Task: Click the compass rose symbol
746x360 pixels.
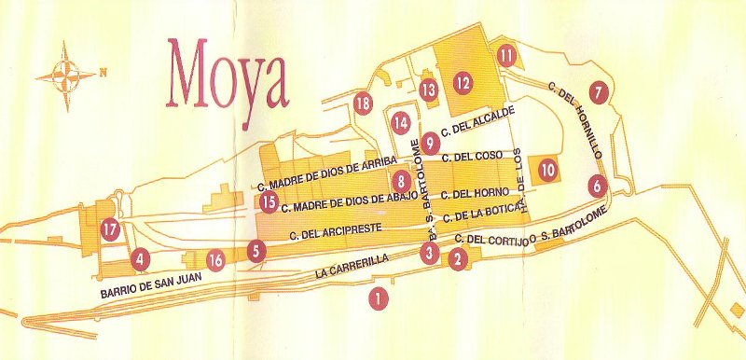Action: tap(64, 74)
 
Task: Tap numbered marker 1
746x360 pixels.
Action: tap(377, 298)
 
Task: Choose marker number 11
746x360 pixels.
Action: tap(506, 55)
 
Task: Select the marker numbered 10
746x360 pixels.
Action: tap(547, 170)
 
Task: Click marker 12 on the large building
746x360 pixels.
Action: tap(462, 82)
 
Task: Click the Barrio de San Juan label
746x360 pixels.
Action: tap(151, 292)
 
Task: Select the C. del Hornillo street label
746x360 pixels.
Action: tap(575, 122)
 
